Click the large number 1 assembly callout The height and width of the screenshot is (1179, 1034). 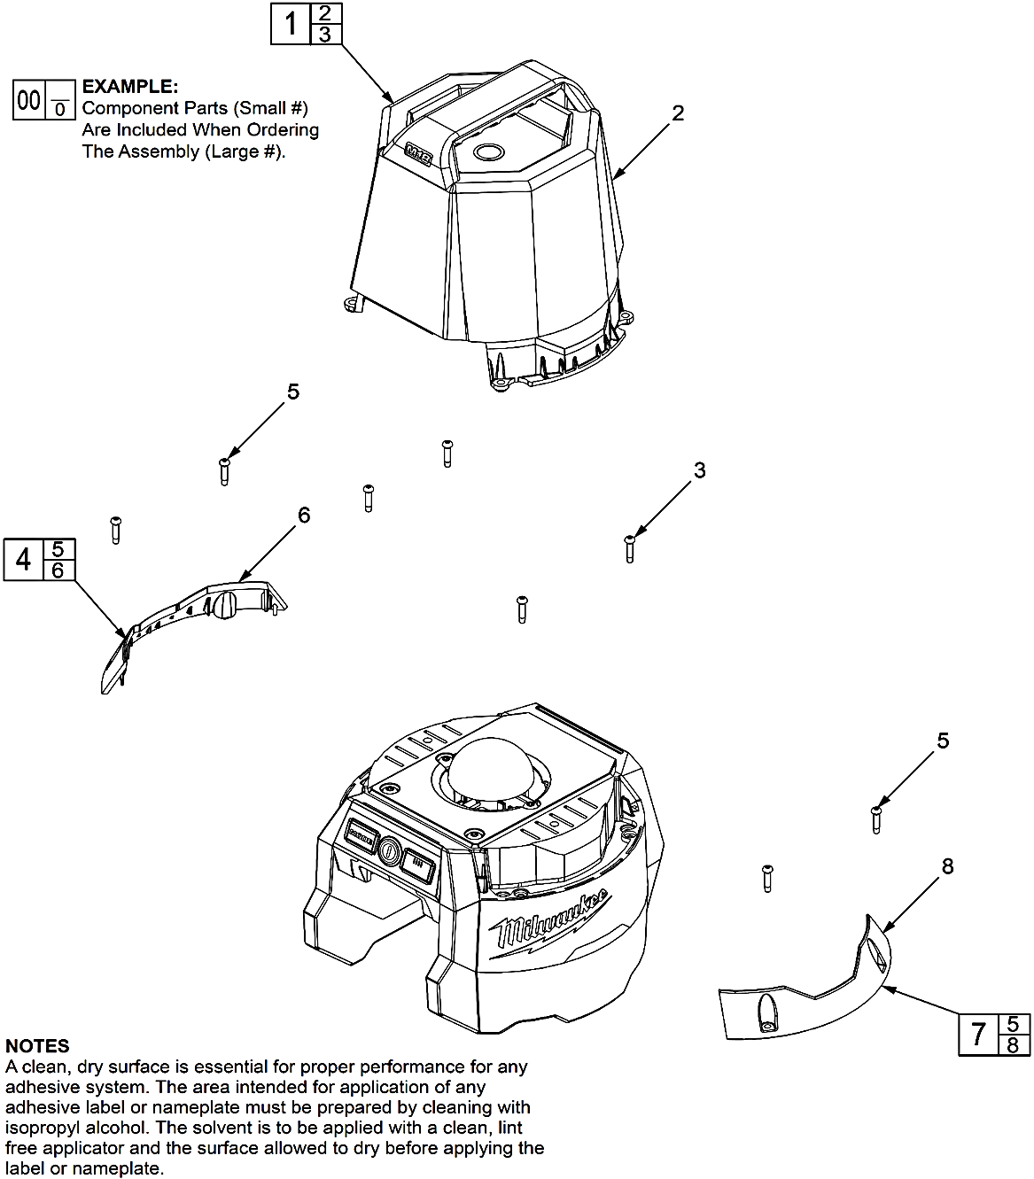[291, 24]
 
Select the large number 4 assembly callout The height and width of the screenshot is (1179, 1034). [24, 559]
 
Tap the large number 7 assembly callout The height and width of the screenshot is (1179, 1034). [978, 1034]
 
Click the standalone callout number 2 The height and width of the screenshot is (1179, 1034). [678, 113]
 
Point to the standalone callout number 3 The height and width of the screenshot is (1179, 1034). [699, 470]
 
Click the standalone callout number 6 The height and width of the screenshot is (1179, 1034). [304, 515]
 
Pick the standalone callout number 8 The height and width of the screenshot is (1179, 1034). [947, 866]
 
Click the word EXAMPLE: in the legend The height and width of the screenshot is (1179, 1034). [130, 87]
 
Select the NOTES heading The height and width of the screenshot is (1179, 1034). [37, 1046]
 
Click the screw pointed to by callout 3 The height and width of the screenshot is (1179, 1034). [630, 548]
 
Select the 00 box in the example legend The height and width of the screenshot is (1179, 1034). [29, 100]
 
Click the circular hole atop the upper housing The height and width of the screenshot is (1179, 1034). [488, 151]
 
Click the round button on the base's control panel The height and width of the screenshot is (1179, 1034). [389, 852]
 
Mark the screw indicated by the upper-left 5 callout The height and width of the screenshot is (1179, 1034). [224, 470]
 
